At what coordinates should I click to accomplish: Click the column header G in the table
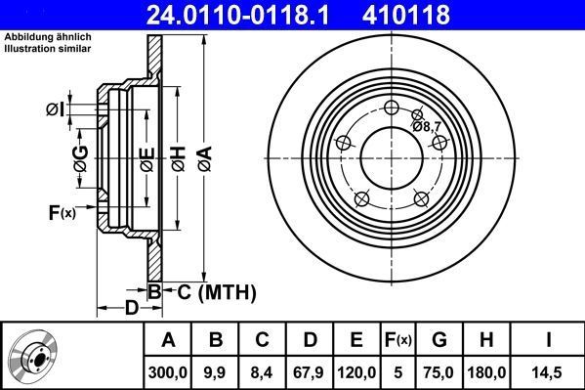pyautogui.click(x=439, y=340)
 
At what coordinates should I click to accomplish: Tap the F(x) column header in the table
pyautogui.click(x=397, y=340)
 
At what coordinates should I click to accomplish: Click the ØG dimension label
pyautogui.click(x=80, y=156)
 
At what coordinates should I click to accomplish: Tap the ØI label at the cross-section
pyautogui.click(x=56, y=109)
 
